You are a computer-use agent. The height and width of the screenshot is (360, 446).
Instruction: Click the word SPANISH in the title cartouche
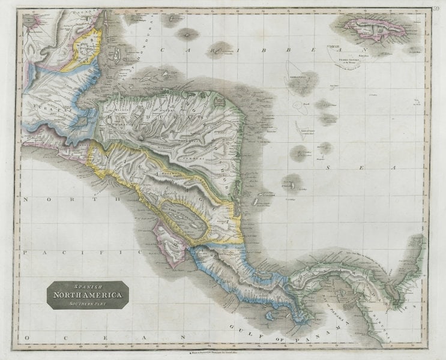[87, 287]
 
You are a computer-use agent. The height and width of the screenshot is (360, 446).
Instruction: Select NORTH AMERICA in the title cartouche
[88, 295]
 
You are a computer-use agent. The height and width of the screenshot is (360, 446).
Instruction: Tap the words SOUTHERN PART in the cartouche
[88, 303]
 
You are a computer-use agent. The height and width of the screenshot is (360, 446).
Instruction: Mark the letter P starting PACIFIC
[25, 253]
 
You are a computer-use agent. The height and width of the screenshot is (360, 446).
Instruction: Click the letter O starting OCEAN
[26, 339]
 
